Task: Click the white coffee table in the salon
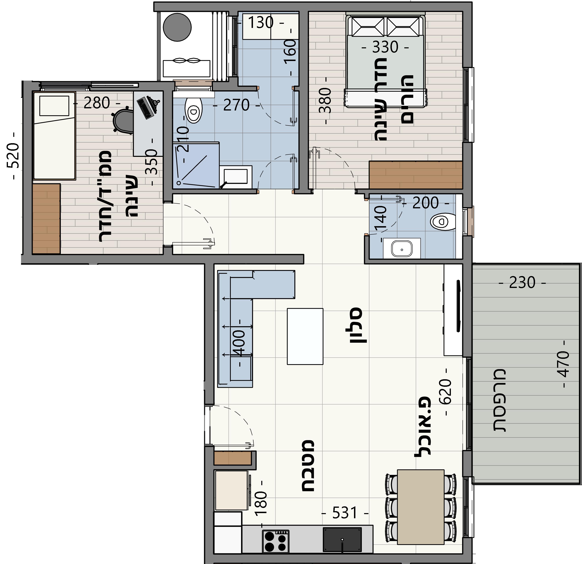click(305, 336)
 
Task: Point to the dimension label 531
click(344, 513)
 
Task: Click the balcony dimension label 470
click(563, 364)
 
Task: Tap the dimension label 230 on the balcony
click(522, 283)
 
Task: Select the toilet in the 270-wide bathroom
click(193, 110)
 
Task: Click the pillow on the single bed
click(54, 106)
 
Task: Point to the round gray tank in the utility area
click(177, 27)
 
